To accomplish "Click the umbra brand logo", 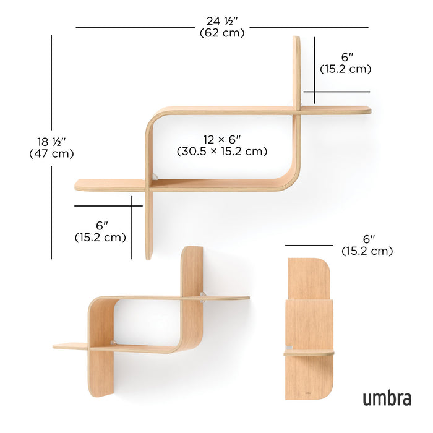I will [x=387, y=397].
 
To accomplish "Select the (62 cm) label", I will [x=222, y=33].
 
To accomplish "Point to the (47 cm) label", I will [x=51, y=154].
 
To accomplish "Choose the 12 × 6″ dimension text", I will [x=222, y=139].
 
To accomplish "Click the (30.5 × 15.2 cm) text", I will [x=222, y=151].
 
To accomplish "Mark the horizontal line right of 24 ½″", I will [x=309, y=27].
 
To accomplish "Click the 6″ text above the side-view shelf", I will [x=369, y=239].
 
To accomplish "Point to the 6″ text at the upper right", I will [x=346, y=56].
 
